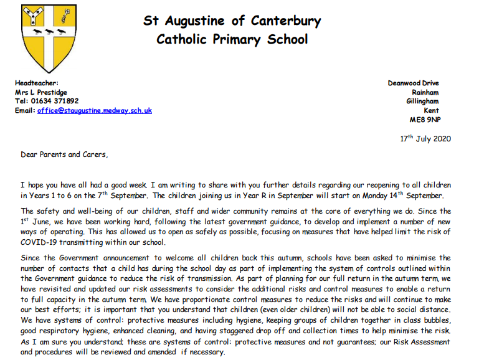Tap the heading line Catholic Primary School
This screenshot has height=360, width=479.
click(232, 40)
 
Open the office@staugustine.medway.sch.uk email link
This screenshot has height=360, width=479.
click(94, 110)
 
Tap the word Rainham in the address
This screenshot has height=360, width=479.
click(425, 92)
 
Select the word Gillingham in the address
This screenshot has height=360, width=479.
click(422, 101)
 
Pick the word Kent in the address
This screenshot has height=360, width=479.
click(431, 110)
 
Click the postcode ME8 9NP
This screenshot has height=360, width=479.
click(424, 119)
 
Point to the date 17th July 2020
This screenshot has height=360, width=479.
click(425, 138)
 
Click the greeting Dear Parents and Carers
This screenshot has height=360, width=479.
click(64, 154)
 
